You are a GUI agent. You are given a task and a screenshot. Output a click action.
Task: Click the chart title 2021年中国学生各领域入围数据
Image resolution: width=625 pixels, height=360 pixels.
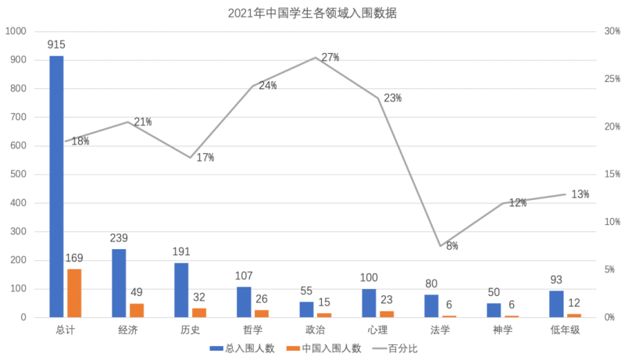(312, 13)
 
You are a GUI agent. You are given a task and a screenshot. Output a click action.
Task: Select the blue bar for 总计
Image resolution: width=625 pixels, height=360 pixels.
(56, 187)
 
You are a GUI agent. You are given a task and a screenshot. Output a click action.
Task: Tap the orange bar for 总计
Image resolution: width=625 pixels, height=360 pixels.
(74, 293)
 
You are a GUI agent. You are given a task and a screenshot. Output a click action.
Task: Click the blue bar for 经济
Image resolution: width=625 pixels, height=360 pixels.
(119, 283)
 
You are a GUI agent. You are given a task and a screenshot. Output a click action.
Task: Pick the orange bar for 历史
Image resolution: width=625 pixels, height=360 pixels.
(199, 312)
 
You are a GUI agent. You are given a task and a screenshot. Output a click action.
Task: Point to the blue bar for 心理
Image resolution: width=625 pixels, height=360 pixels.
(369, 303)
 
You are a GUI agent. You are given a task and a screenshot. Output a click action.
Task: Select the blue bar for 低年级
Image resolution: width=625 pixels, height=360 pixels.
(556, 304)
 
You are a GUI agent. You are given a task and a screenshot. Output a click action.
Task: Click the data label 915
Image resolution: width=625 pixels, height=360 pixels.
(56, 45)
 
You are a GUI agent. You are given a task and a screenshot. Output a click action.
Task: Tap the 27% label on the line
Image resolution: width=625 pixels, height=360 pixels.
(330, 57)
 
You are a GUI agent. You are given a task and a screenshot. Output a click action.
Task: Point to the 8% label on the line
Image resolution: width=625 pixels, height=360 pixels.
(452, 246)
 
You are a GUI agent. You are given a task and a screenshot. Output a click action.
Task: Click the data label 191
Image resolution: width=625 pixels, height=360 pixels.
(181, 251)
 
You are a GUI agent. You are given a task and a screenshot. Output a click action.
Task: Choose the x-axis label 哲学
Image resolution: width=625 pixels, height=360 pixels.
(252, 330)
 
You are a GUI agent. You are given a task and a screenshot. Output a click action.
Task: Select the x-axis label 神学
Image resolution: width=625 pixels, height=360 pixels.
(502, 330)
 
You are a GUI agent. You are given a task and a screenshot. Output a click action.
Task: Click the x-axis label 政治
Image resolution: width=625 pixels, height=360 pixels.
(316, 330)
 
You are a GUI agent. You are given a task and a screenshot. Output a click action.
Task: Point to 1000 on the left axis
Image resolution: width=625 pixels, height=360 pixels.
(16, 31)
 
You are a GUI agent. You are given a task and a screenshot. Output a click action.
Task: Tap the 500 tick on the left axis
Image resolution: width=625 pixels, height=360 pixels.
(18, 174)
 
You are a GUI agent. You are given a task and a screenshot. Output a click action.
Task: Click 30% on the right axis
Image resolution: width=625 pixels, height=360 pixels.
(612, 31)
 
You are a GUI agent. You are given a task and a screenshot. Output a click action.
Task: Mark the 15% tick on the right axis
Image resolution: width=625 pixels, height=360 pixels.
(612, 174)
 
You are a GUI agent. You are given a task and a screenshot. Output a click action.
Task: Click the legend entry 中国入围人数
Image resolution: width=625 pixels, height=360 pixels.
(323, 348)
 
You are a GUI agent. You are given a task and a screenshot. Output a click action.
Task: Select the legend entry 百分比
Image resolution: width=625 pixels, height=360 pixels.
(395, 348)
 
